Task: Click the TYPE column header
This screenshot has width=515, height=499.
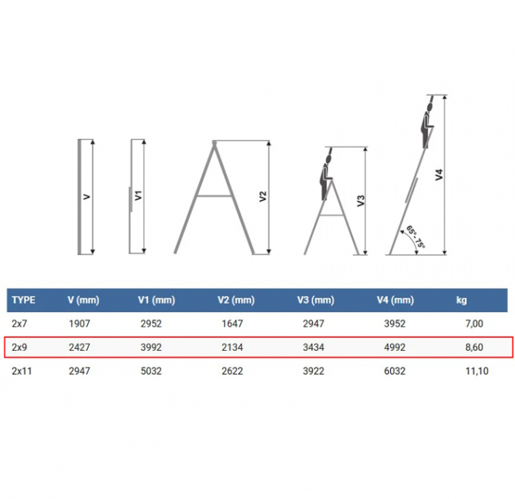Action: (x=23, y=300)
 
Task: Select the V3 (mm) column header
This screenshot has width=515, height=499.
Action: (x=316, y=300)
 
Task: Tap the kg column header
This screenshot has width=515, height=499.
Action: (x=462, y=300)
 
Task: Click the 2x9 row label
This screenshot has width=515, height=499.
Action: (x=19, y=347)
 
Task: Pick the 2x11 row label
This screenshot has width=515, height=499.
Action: (x=21, y=371)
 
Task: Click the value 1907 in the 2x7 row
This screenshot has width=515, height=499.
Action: (x=79, y=324)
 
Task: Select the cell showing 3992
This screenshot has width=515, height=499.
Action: (x=151, y=347)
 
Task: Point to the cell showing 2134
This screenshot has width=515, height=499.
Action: (x=232, y=347)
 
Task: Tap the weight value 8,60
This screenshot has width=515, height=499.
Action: (x=474, y=347)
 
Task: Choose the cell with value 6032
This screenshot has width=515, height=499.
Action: (x=394, y=371)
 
